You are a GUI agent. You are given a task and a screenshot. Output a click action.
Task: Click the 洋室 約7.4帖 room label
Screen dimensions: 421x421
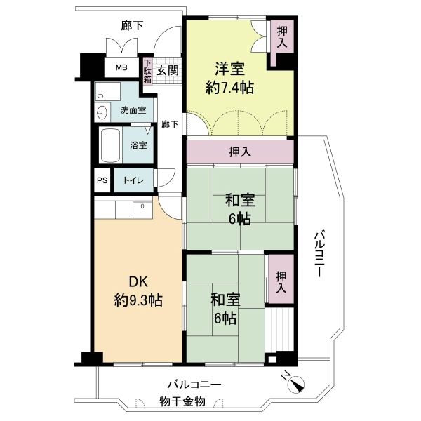pyautogui.click(x=229, y=78)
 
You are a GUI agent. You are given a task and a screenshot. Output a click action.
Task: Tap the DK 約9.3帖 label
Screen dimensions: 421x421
pyautogui.click(x=138, y=290)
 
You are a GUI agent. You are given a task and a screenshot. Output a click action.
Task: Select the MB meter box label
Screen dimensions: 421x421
pyautogui.click(x=121, y=67)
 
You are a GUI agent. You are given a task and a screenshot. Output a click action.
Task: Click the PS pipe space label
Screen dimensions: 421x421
pyautogui.click(x=102, y=180)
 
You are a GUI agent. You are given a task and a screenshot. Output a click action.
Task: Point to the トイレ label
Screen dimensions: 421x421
pyautogui.click(x=133, y=180)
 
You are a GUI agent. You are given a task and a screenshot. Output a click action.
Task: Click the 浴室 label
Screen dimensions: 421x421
pyautogui.click(x=138, y=145)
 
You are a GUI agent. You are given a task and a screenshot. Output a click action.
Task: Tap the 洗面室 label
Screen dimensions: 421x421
pyautogui.click(x=133, y=110)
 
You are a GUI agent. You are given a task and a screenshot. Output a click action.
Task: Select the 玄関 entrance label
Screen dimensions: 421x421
pyautogui.click(x=167, y=71)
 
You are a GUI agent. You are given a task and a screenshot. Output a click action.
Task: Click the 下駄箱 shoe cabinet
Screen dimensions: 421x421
pyautogui.click(x=147, y=71)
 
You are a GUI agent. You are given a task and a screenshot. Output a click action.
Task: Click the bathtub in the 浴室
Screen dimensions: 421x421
pyautogui.click(x=110, y=145)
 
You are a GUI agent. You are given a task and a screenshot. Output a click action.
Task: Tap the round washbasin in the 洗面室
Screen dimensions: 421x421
pyautogui.click(x=102, y=112)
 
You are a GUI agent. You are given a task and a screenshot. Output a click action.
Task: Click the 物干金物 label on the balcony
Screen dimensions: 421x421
pyautogui.click(x=182, y=401)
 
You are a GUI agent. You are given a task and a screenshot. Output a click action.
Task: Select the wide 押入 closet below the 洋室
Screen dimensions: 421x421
pyautogui.click(x=240, y=152)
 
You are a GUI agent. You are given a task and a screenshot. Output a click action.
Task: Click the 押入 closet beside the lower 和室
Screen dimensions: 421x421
pyautogui.click(x=281, y=279)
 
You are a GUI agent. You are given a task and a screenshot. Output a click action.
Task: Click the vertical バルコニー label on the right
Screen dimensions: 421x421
pyautogui.click(x=319, y=255)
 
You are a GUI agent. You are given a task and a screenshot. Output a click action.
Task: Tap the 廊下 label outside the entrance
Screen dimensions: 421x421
pyautogui.click(x=132, y=26)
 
